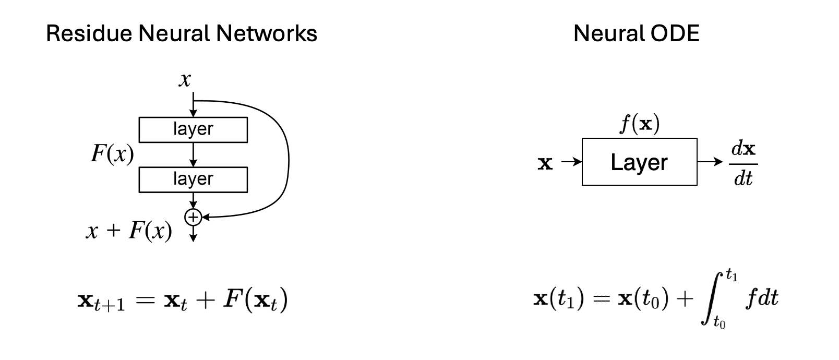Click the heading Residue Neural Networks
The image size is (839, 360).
[182, 34]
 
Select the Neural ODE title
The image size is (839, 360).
[636, 34]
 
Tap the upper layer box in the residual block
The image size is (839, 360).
[193, 129]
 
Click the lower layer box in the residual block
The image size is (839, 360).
[193, 179]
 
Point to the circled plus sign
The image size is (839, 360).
[194, 216]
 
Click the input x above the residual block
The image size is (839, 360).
[185, 80]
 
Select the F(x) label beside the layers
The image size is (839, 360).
[112, 154]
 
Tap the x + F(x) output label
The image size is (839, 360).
[129, 230]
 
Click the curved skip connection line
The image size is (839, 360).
[287, 157]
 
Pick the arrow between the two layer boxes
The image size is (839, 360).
[194, 154]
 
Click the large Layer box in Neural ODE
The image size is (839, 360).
[639, 162]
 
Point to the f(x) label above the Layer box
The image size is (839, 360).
[639, 124]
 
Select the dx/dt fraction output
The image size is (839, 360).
[744, 163]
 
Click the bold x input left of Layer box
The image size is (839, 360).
[545, 163]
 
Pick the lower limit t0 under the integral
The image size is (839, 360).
[720, 323]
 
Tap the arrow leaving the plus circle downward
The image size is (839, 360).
[194, 234]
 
